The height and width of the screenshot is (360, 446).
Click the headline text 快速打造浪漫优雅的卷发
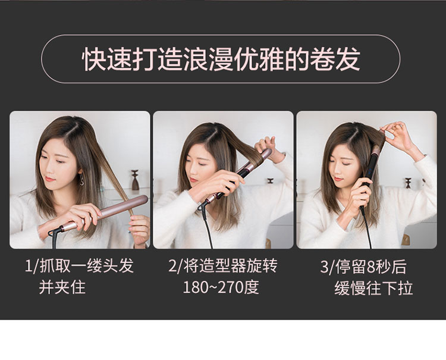coord(221,59)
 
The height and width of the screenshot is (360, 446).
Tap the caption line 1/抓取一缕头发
coord(79,267)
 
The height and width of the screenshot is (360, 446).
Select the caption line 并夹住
coord(62,287)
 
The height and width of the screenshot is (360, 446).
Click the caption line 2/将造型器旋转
coord(223,267)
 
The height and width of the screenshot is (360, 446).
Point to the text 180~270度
coord(221,287)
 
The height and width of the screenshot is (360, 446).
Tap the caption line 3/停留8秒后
coord(363,267)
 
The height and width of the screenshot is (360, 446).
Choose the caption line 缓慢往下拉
coord(373,288)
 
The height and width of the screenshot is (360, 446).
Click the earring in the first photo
coord(81,179)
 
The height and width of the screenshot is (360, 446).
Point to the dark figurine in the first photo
coord(135,180)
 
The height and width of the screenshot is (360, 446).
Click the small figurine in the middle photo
coord(270,181)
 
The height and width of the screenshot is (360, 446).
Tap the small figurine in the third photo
coord(408,183)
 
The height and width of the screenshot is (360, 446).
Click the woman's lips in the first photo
coord(50,179)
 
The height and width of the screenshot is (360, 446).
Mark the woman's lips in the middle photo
coord(193,180)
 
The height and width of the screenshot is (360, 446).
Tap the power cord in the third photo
coord(366,228)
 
